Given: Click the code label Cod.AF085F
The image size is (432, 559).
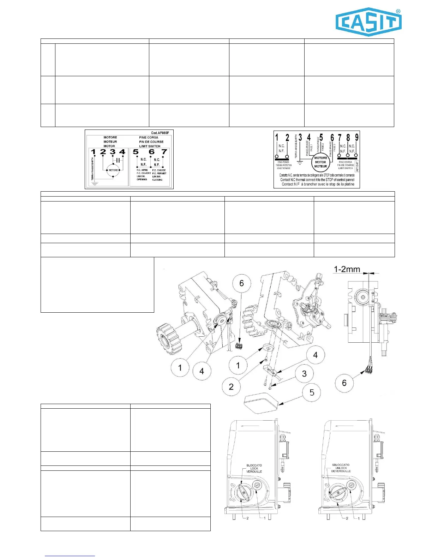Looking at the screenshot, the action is click(x=160, y=133).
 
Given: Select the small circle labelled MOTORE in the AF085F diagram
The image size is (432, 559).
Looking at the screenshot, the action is click(x=113, y=170).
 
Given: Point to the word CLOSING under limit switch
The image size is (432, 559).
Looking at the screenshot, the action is click(x=157, y=180).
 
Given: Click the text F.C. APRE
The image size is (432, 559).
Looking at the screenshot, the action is click(x=142, y=170).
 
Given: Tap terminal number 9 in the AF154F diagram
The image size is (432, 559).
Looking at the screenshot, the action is click(x=356, y=137).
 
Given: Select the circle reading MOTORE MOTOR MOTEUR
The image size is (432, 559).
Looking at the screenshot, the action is click(x=320, y=162).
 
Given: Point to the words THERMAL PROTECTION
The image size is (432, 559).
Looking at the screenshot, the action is click(x=284, y=165).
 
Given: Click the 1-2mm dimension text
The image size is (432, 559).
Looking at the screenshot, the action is click(x=347, y=270).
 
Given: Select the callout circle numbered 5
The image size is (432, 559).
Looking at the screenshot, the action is click(x=312, y=392).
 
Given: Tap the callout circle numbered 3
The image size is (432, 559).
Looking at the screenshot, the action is click(x=304, y=374).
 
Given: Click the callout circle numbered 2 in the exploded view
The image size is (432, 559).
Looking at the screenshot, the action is click(x=231, y=386).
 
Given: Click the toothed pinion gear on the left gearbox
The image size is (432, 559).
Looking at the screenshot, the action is click(x=169, y=338).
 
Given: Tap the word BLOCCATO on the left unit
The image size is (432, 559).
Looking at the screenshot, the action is click(x=254, y=465).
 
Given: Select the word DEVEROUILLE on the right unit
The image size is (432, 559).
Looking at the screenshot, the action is click(x=341, y=471).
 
